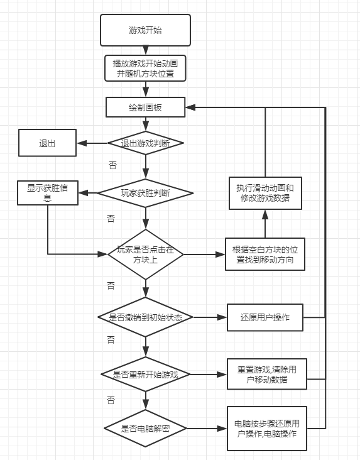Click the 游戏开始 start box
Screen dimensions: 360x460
click(x=145, y=30)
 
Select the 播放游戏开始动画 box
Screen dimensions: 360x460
click(x=145, y=68)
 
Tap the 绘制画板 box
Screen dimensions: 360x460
click(x=145, y=107)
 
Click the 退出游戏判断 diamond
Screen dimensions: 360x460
click(x=146, y=143)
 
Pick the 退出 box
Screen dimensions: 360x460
click(x=47, y=143)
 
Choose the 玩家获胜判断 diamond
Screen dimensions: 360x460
click(x=145, y=193)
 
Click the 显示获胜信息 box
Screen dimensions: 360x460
click(x=48, y=193)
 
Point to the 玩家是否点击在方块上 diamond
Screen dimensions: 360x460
click(x=146, y=255)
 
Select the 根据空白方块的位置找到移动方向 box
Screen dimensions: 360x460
click(x=265, y=254)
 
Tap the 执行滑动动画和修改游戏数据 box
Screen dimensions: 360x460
click(x=265, y=193)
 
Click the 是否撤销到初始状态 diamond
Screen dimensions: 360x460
click(x=145, y=317)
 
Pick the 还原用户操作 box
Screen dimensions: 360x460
click(x=265, y=317)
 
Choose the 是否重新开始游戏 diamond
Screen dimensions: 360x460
click(x=146, y=375)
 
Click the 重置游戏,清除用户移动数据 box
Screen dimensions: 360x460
click(x=267, y=374)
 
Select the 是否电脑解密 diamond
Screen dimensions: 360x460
click(x=145, y=429)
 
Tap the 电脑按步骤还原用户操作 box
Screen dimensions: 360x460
click(x=267, y=429)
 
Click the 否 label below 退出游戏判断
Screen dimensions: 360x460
click(x=113, y=165)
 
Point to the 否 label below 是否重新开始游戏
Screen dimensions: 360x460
click(x=111, y=400)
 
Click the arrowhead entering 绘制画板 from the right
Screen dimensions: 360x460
click(x=191, y=107)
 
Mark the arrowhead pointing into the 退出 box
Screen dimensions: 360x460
click(x=82, y=143)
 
